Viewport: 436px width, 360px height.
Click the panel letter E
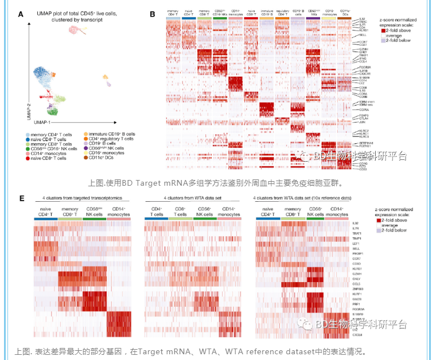pyautogui.click(x=21, y=198)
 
